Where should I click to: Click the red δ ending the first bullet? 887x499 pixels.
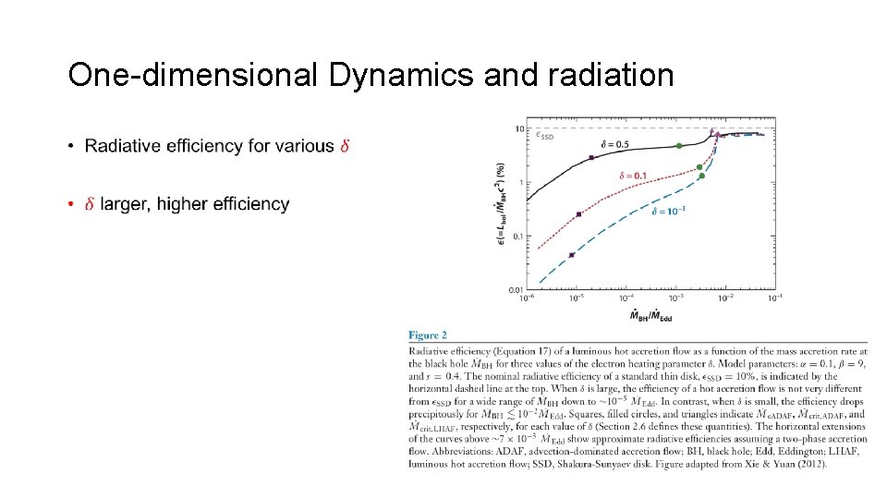[345, 146]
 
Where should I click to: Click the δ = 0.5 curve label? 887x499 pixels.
[614, 143]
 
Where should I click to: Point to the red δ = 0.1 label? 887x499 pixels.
[633, 175]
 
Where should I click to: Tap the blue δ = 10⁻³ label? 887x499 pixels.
[671, 211]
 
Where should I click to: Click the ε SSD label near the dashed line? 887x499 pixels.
[545, 136]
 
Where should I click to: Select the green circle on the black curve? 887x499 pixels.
[679, 146]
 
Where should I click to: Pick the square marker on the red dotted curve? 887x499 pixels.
[578, 214]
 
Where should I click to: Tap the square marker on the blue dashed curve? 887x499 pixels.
[571, 255]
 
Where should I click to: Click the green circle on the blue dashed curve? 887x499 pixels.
[702, 176]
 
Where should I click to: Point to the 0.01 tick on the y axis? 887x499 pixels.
[516, 290]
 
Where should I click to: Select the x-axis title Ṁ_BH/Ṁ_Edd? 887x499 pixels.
[650, 317]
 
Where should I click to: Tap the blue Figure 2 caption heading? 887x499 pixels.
[428, 335]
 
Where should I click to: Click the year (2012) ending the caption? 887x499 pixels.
[810, 463]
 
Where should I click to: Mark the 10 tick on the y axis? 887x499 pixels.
[519, 128]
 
